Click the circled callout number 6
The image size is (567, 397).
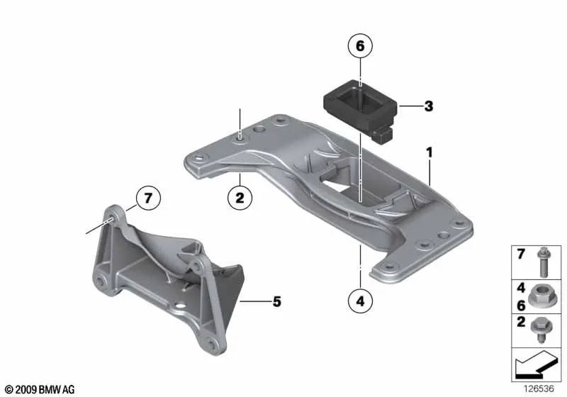tap(359, 47)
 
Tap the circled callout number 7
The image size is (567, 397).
tap(148, 198)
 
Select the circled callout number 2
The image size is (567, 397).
tap(240, 199)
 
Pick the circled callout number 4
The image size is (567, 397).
tap(360, 302)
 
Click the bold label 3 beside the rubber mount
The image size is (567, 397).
tap(427, 107)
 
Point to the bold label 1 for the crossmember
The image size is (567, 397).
tap(428, 152)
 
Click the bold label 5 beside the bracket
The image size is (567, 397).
tap(276, 302)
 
